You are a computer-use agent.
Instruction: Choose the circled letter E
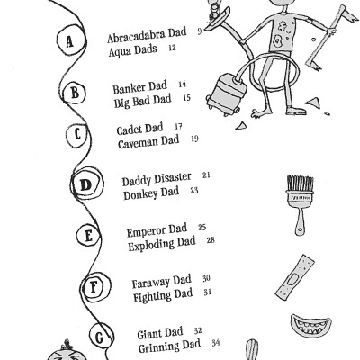pyautogui.click(x=89, y=237)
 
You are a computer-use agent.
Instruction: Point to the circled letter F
pyautogui.click(x=94, y=288)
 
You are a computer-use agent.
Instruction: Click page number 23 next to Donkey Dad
pyautogui.click(x=194, y=191)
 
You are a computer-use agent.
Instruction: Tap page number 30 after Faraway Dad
pyautogui.click(x=206, y=279)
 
